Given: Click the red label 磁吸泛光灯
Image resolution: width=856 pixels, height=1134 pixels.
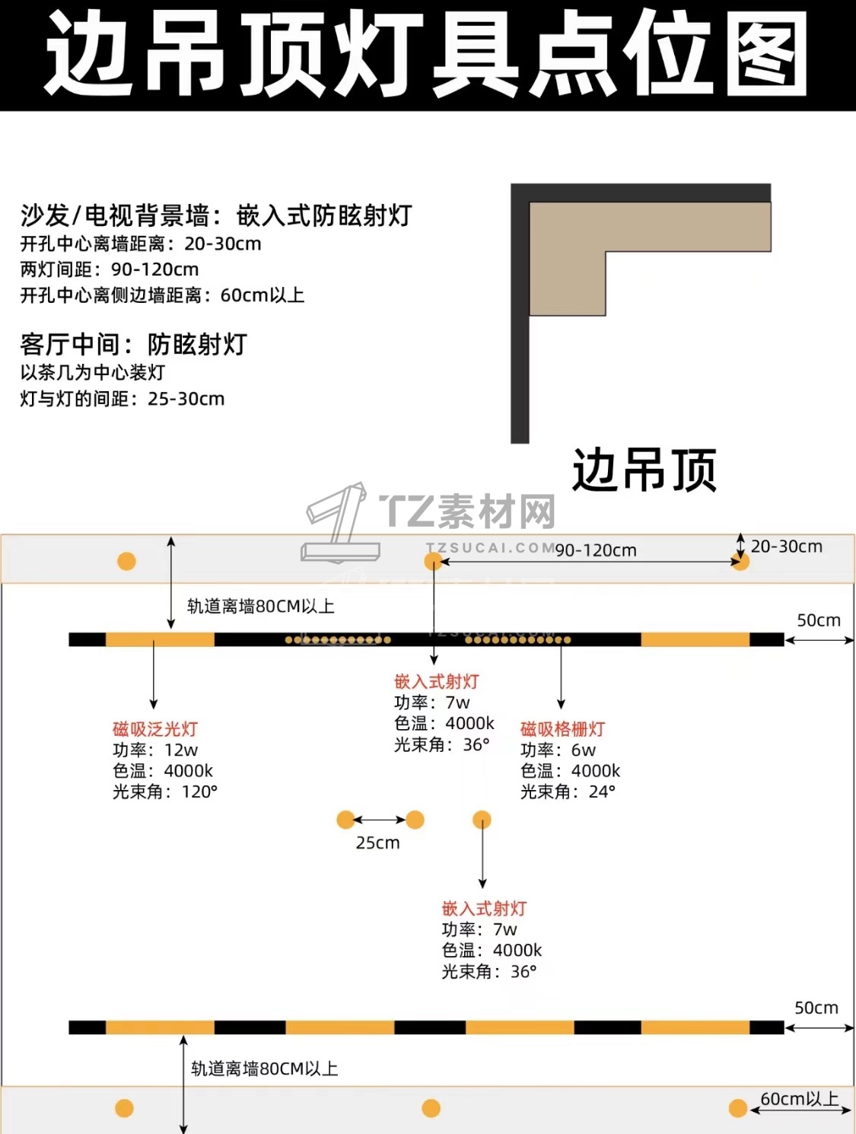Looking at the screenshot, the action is click(x=155, y=729).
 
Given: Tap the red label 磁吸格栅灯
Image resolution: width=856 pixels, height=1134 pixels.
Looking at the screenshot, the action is click(x=563, y=729).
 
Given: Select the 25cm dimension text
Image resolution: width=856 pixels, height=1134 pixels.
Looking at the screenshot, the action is click(x=378, y=843).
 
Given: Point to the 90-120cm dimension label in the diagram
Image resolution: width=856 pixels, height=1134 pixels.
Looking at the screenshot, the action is click(x=596, y=550).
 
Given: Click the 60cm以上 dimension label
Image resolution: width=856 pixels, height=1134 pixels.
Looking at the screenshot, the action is click(x=800, y=1099).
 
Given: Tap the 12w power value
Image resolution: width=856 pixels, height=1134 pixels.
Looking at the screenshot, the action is click(x=181, y=750).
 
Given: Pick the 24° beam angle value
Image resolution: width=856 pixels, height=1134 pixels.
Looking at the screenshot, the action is click(x=602, y=792).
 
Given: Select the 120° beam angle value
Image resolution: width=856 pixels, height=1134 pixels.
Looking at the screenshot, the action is click(x=199, y=792).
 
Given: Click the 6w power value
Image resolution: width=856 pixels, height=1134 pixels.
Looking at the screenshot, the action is click(x=584, y=750).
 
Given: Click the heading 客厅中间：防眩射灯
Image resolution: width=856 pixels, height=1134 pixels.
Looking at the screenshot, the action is click(x=134, y=344).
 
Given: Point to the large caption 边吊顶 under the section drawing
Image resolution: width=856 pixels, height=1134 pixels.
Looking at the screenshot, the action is click(x=644, y=470).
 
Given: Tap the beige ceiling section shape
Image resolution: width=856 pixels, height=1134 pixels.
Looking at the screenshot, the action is click(x=568, y=243).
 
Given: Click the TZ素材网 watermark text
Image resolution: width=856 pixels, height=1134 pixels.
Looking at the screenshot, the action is click(x=468, y=511).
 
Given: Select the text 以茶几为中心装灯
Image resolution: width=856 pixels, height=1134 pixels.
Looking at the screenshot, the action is click(x=93, y=372).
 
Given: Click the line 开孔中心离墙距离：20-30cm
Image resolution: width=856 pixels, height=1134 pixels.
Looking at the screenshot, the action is click(x=141, y=244).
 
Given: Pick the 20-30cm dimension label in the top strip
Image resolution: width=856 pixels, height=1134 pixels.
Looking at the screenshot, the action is click(x=787, y=546).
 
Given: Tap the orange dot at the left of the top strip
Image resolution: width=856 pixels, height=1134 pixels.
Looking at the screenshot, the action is click(x=126, y=561).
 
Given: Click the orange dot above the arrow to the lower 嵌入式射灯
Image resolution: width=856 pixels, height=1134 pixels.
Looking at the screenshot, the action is click(x=482, y=820).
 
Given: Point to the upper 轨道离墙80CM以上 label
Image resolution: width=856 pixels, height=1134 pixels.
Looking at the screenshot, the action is click(x=261, y=606).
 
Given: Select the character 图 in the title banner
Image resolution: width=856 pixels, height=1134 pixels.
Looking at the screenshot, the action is click(x=768, y=54).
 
